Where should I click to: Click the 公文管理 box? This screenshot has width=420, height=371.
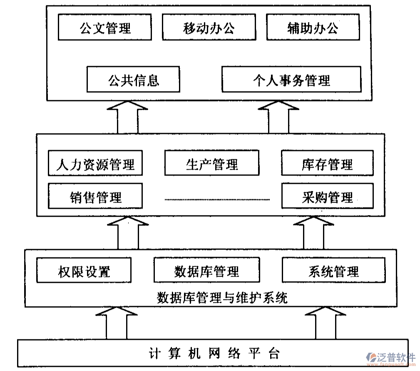105,27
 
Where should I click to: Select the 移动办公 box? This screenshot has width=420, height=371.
209,27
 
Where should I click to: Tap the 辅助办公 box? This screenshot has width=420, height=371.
313,27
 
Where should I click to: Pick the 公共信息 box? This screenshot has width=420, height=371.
133,79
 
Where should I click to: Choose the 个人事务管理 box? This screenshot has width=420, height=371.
291,79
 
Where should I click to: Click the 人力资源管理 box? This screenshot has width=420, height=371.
95,163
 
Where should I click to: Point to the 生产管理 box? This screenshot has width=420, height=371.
211,163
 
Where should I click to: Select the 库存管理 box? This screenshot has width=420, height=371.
327,163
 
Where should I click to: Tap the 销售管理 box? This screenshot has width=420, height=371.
95,196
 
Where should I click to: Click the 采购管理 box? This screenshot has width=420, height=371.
327,196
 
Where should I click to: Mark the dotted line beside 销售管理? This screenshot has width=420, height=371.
217,200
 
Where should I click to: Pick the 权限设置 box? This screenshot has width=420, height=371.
84,270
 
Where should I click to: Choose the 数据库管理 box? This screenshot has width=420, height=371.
206,270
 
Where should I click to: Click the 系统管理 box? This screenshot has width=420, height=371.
333,270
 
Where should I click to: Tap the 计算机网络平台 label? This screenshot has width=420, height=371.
213,354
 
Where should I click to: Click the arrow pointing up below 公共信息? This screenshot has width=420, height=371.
127,118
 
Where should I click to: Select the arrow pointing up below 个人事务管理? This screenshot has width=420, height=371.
278,118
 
